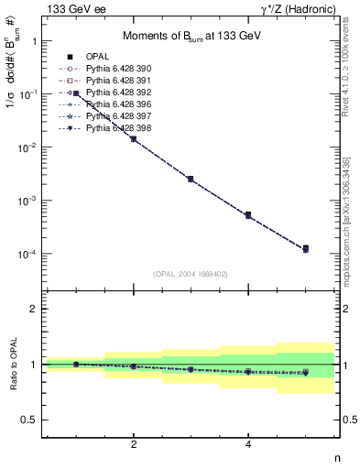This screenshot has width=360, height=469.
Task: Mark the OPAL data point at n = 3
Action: pos(191,179)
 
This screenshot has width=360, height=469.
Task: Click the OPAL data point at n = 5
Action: pos(305,248)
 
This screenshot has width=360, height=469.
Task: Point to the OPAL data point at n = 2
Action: pos(134,138)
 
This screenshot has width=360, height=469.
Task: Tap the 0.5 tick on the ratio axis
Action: pos(32,420)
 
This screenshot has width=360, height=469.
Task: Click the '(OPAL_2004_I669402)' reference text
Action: pos(189,274)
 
